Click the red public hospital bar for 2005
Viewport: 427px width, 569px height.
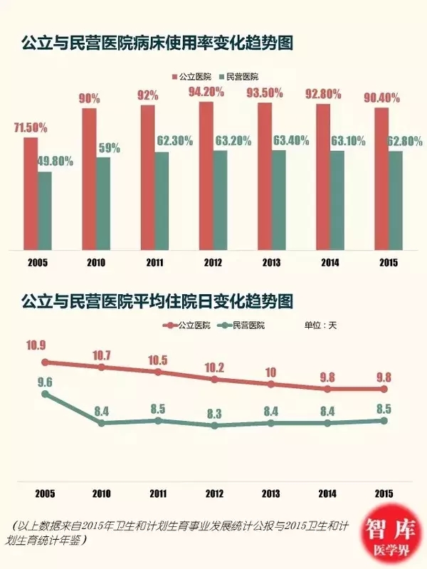30,193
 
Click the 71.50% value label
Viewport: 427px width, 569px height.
31,128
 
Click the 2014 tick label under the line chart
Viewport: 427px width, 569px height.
327,492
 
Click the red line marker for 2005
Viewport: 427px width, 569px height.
46,362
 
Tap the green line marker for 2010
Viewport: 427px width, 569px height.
102,423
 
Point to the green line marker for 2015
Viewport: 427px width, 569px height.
384,421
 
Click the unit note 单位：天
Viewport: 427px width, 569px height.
320,325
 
